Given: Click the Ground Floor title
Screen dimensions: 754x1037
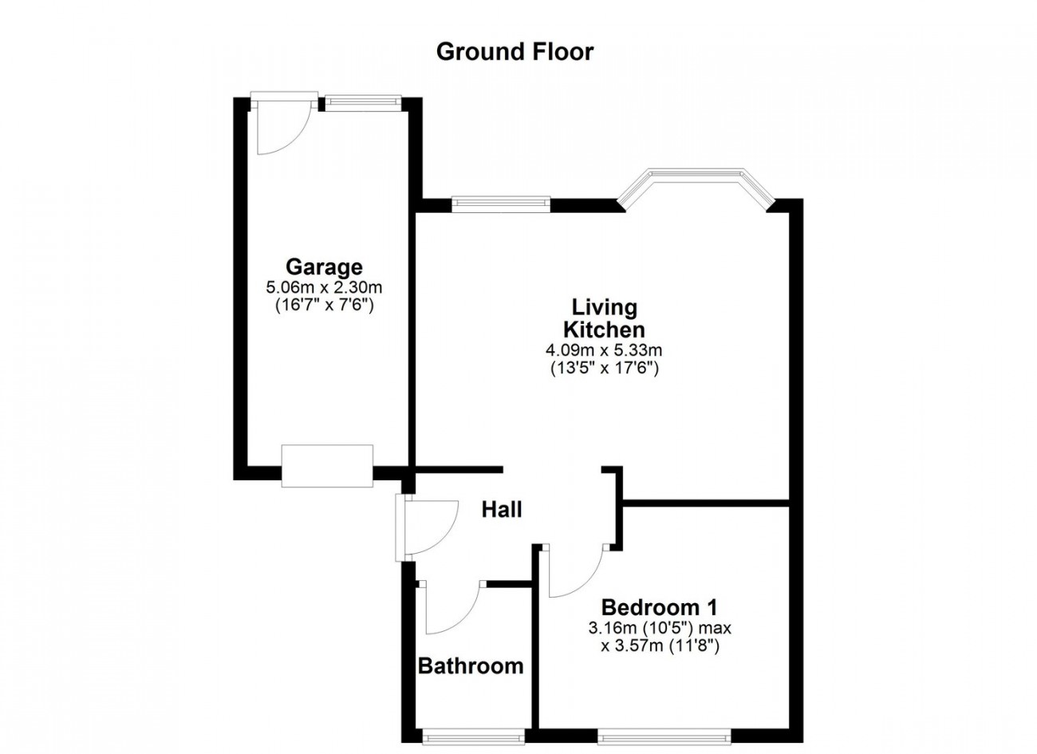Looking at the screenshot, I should tap(515, 52).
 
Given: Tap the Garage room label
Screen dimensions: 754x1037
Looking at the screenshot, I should tap(324, 266).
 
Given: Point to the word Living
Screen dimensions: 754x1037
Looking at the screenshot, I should tap(604, 307).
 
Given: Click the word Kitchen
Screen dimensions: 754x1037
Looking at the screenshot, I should tap(604, 329).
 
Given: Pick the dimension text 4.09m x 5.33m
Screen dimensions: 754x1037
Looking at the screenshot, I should tap(604, 349).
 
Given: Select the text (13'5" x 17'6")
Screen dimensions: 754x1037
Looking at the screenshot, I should tap(604, 368).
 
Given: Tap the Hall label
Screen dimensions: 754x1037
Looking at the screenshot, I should tap(501, 509).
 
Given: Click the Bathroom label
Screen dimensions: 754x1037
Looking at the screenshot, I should tap(471, 665).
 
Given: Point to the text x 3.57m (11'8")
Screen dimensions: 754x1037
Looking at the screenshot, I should tap(660, 646).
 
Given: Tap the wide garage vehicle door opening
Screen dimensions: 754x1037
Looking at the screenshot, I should tap(327, 466).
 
